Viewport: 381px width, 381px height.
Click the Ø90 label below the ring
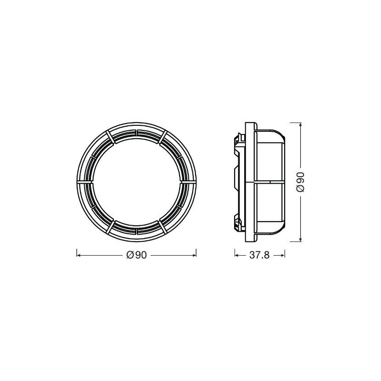coord(136,255)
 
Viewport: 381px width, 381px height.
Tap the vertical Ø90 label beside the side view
coord(301,182)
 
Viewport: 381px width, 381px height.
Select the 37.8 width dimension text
coord(259,255)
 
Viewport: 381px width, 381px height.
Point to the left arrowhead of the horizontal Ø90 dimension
coord(78,255)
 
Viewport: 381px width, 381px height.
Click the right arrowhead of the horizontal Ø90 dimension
coord(194,255)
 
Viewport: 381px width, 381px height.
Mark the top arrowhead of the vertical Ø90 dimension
coord(301,125)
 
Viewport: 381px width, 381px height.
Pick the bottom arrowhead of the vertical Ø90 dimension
coord(301,240)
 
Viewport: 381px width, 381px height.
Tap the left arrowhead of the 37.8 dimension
coord(237,255)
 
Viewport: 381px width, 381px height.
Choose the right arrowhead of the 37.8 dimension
coord(283,255)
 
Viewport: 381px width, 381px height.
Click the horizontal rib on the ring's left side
coord(85,181)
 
